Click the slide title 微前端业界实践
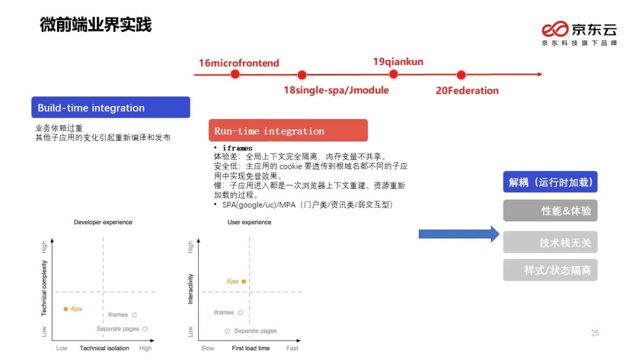96,25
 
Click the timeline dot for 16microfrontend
235,74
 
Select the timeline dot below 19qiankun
393,74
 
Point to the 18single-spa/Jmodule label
336,91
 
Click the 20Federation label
467,91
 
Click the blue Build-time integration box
111,108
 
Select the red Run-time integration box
288,131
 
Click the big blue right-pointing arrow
459,234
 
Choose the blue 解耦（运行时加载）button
550,182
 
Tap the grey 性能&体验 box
550,211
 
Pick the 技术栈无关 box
550,242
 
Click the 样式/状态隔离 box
550,270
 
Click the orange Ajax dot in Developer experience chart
66,309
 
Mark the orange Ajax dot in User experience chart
243,281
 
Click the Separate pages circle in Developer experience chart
145,329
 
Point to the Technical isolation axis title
104,348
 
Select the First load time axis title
251,348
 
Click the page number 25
595,333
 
